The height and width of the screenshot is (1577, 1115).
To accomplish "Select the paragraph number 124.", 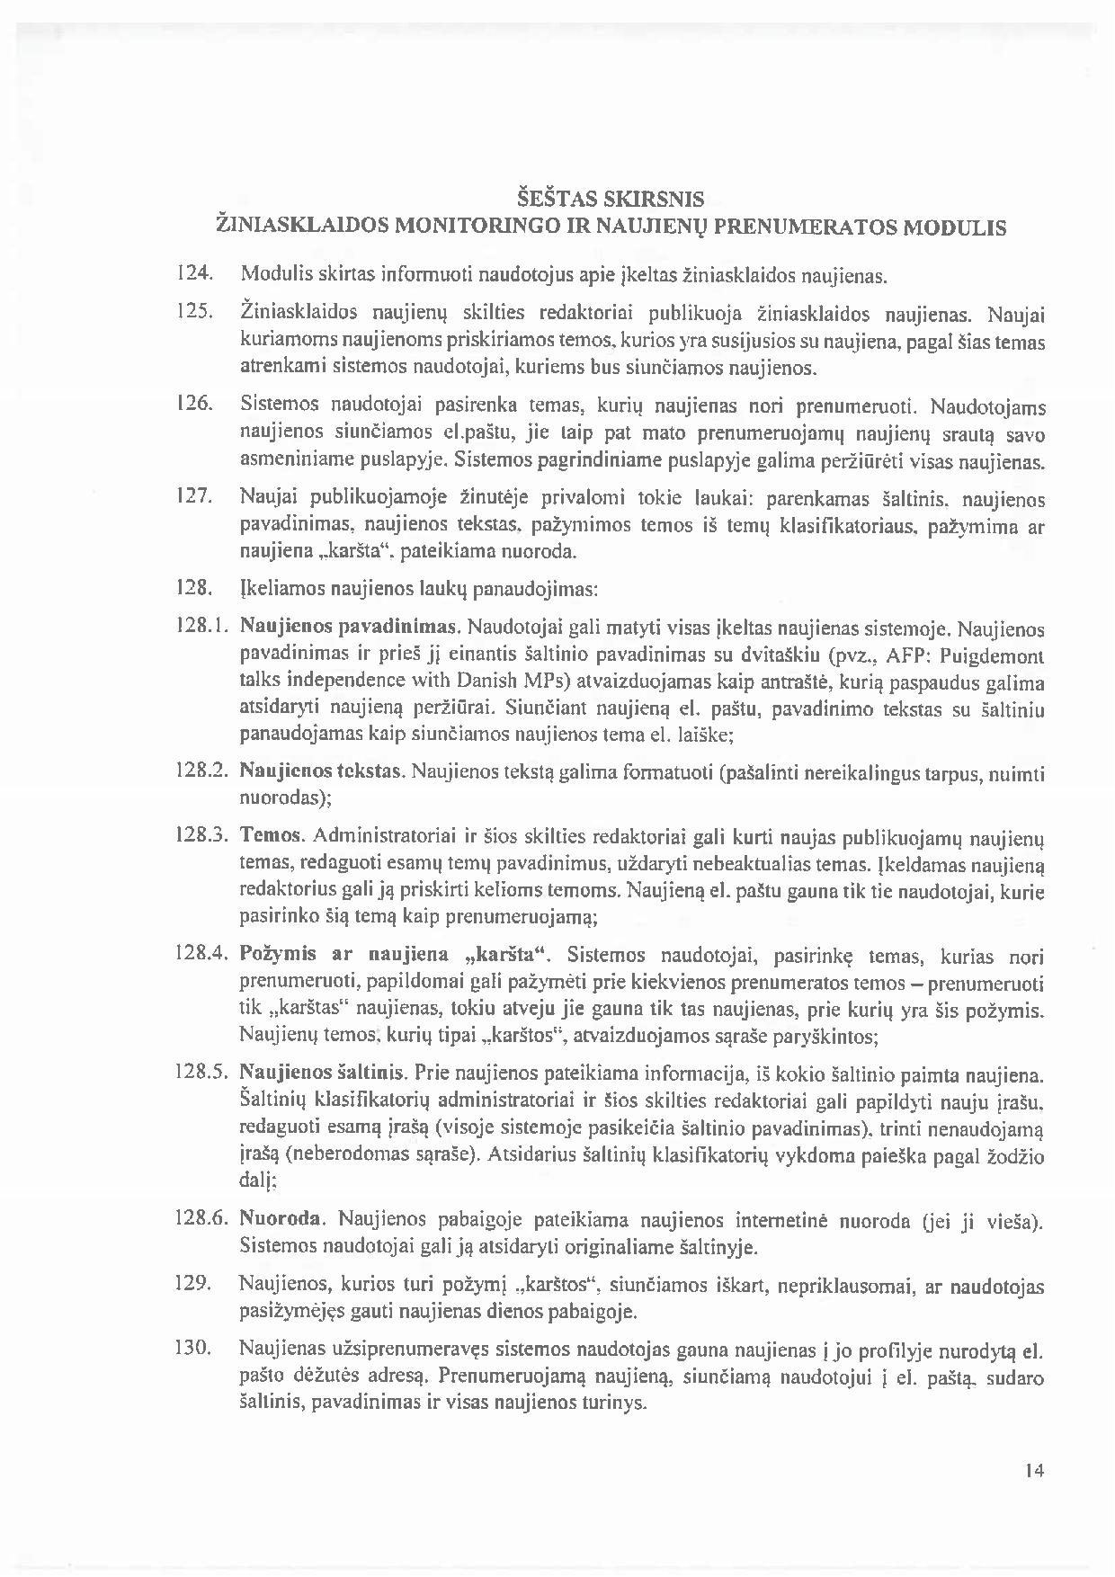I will (192, 273).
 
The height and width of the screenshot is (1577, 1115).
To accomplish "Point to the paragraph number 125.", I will (192, 312).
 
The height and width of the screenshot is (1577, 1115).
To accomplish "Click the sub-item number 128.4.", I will (201, 953).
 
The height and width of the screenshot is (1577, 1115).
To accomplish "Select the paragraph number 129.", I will (192, 1284).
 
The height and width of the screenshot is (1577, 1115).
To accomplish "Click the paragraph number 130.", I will (192, 1349).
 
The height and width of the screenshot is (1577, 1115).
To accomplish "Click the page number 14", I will (1033, 1471).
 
